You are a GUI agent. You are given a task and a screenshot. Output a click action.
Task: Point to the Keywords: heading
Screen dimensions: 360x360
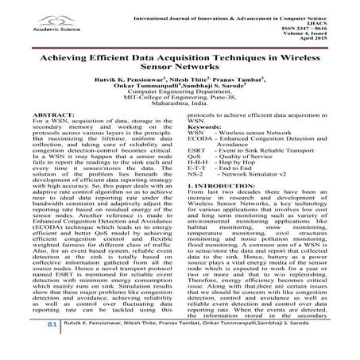pos(205,127)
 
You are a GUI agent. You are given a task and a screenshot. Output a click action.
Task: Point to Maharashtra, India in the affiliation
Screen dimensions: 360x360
pos(180,105)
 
